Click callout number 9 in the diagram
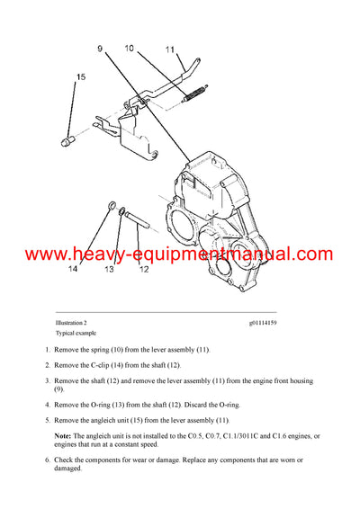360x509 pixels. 100,47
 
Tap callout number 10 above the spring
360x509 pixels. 129,47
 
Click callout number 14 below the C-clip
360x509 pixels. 73,268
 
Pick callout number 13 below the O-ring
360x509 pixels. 108,268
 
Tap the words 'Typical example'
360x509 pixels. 76,332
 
